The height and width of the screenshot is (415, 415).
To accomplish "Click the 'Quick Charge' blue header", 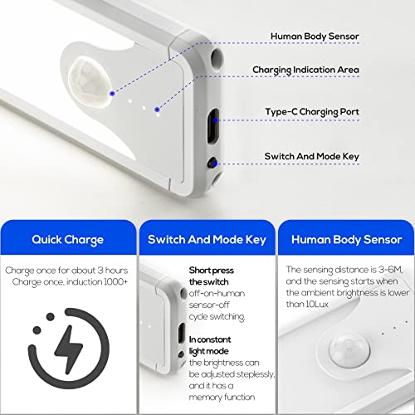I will click(68, 240).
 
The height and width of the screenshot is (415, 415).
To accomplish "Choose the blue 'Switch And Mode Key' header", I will click(207, 240).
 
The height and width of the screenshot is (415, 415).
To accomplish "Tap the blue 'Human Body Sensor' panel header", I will click(345, 240).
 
